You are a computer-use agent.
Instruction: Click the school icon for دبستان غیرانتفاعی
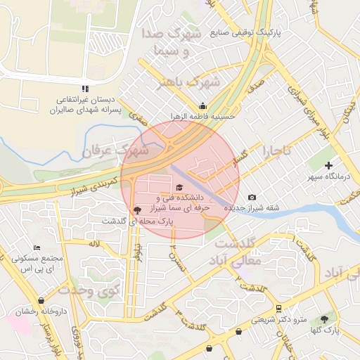84,89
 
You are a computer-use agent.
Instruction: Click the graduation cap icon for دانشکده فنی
179,188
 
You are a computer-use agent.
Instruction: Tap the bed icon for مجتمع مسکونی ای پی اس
37,247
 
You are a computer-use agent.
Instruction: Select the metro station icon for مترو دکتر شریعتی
279,308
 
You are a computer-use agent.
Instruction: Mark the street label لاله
94,243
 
